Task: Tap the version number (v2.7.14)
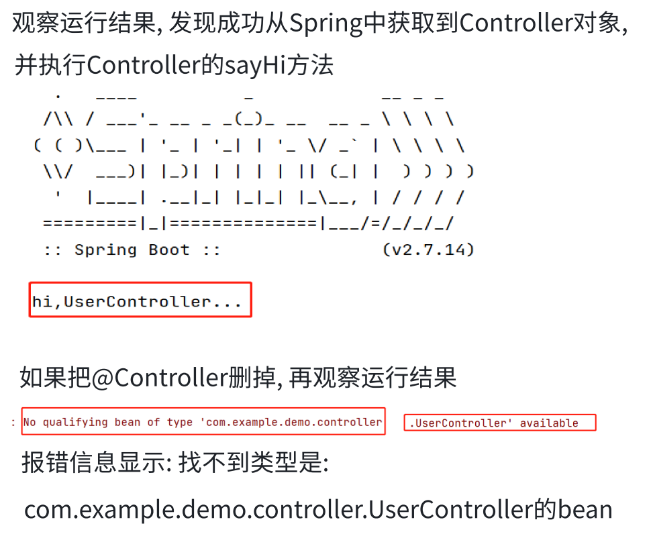(x=428, y=250)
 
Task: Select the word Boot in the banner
(x=169, y=250)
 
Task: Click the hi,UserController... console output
(x=137, y=302)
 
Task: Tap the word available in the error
(x=549, y=423)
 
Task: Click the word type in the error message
(x=180, y=422)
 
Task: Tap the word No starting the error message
(x=30, y=422)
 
